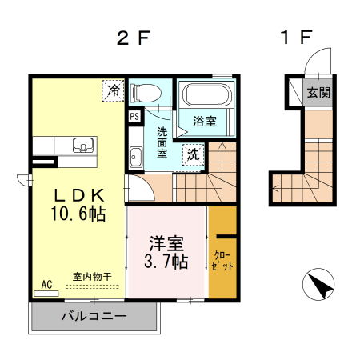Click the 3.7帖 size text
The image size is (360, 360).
coord(166,262)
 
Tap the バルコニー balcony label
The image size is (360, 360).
coord(94,315)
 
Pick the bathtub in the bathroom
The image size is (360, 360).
coord(207,96)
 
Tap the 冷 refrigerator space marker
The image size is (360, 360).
coord(114,90)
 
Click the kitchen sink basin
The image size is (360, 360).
coord(82,146)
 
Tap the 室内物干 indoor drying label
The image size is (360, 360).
coord(92,277)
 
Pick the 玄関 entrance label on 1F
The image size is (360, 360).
coord(318,92)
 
